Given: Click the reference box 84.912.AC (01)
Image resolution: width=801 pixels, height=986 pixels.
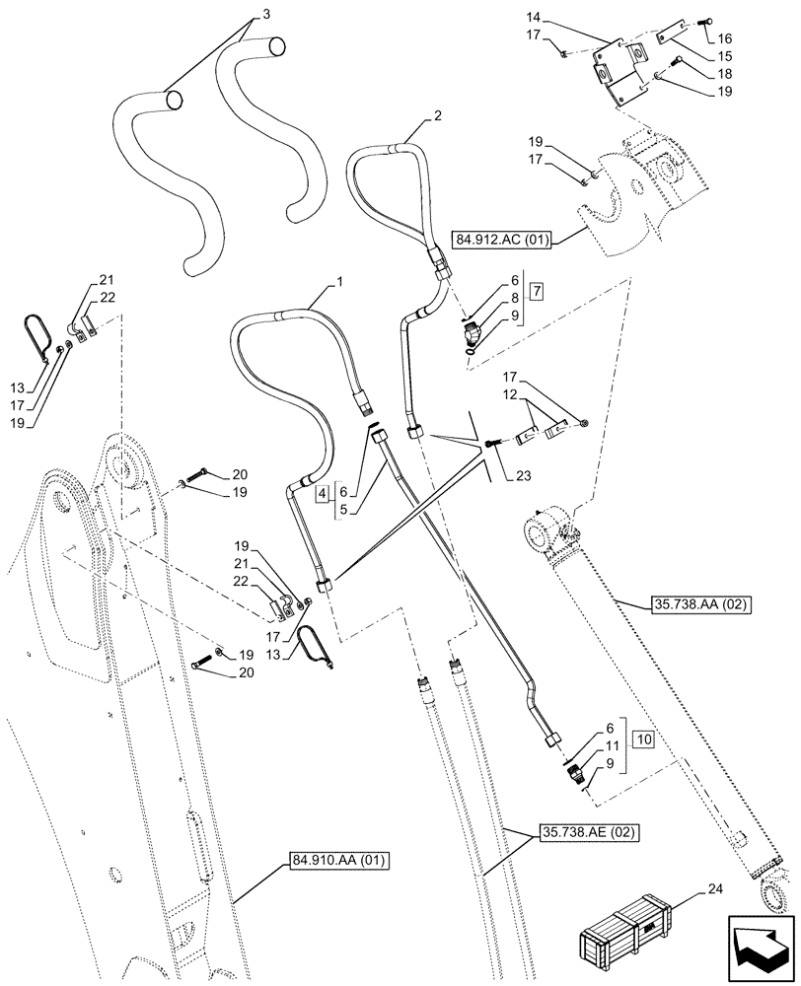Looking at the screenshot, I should [503, 238].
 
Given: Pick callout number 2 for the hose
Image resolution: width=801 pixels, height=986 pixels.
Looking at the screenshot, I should [436, 114].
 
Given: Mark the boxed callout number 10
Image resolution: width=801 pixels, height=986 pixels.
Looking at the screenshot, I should [642, 739].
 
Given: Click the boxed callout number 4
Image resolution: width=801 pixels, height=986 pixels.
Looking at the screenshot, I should [323, 492].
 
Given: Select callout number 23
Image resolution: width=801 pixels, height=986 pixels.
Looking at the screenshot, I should [523, 475].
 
